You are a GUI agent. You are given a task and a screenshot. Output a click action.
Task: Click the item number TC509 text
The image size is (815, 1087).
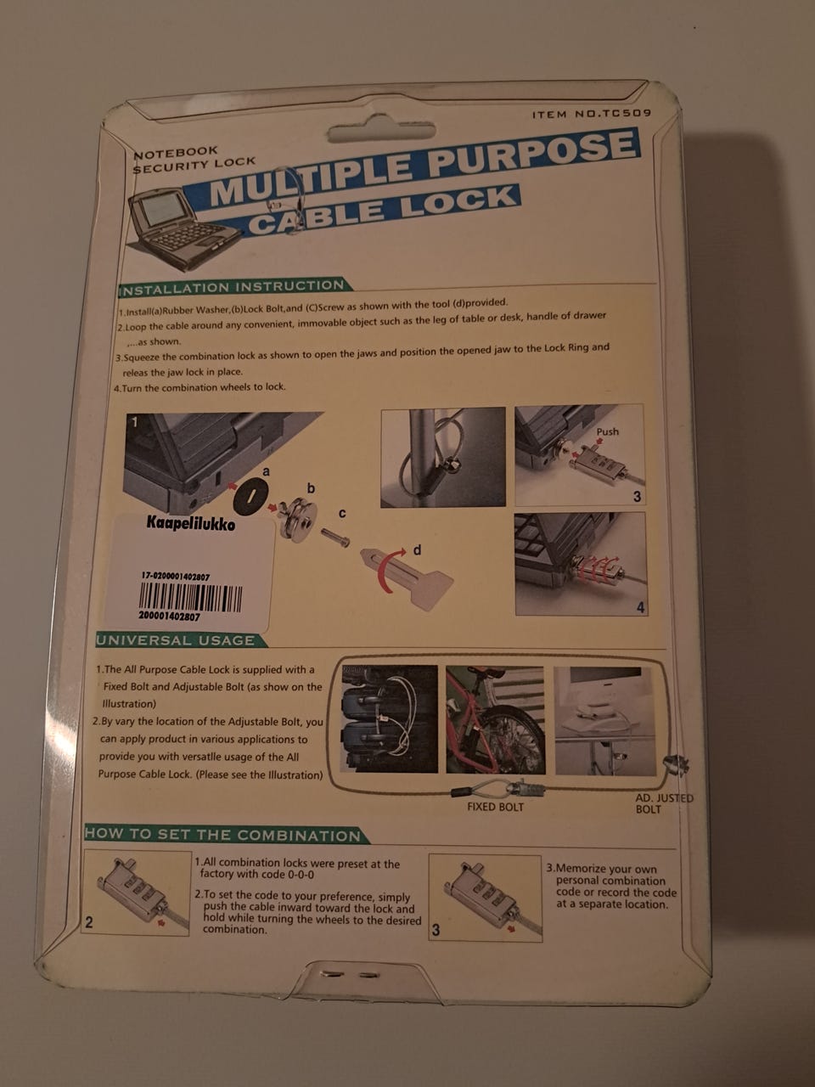592,114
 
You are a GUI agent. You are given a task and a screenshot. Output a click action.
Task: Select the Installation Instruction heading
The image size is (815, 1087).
233,287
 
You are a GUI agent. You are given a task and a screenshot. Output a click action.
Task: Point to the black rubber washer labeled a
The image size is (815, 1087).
250,497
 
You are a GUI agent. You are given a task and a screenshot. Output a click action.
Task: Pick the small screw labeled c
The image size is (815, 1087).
336,537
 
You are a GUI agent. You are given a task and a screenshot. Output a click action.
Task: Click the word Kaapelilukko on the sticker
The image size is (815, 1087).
190,523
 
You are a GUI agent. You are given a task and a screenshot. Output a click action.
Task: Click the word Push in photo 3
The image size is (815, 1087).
607,432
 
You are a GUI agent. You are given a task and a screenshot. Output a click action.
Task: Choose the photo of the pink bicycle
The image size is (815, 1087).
495,719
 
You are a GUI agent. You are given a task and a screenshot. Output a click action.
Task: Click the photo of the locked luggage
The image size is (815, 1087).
390,718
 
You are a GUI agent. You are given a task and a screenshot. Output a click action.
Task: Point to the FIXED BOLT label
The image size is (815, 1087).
495,807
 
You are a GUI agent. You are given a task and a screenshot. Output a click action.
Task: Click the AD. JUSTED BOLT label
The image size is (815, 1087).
664,803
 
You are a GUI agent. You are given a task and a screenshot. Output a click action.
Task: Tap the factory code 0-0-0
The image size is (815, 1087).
301,875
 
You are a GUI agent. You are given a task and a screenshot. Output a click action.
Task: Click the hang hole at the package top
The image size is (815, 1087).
381,132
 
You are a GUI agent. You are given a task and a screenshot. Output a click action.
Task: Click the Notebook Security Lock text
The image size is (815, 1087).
194,160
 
